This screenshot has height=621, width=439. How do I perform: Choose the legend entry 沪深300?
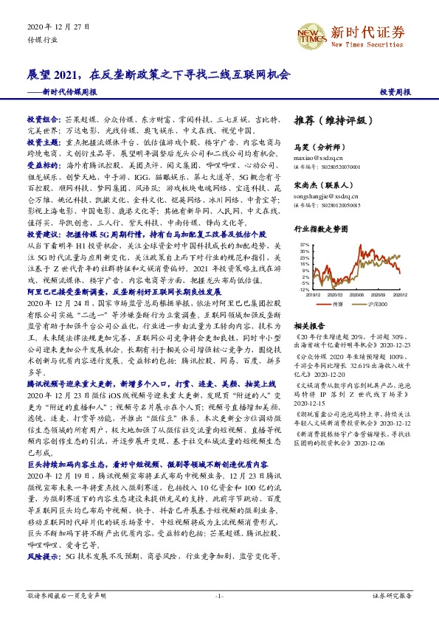377,303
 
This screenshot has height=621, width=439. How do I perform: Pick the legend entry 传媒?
339,303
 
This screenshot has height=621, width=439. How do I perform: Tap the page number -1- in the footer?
218,594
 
